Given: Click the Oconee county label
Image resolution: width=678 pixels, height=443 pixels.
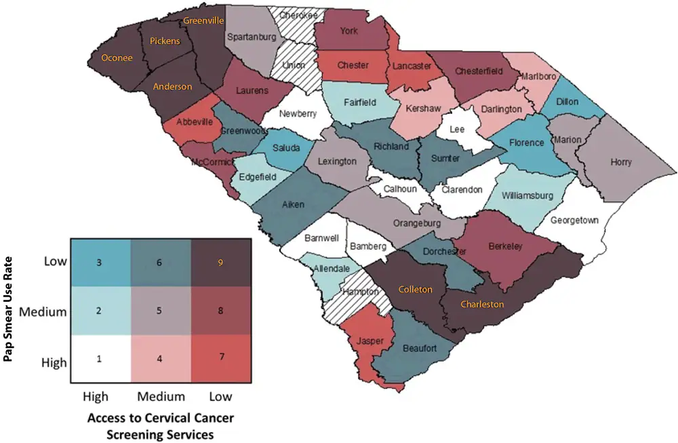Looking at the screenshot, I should tap(117, 58).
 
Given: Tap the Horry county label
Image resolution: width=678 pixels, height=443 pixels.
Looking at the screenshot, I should tap(620, 162).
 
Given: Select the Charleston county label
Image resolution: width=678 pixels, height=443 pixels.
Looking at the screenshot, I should tap(482, 304).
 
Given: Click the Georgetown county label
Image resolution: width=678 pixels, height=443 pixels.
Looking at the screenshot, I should tap(574, 220).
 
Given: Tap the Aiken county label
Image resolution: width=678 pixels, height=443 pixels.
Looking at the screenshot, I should tap(294, 204).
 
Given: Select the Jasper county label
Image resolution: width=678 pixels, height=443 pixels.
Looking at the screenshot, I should tap(371, 341).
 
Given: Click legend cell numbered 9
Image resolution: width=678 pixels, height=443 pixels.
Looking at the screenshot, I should tap(219, 262).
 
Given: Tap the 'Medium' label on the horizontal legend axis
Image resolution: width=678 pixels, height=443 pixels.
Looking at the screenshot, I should tap(160, 396).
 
